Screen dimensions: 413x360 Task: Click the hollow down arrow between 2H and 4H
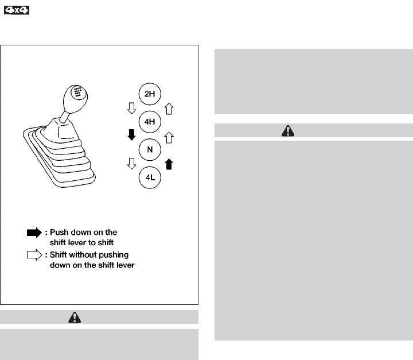click(131, 107)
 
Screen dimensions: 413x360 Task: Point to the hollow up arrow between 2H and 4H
click(168, 107)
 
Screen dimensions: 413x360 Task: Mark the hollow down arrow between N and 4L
click(131, 165)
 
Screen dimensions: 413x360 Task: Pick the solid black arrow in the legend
click(34, 233)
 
